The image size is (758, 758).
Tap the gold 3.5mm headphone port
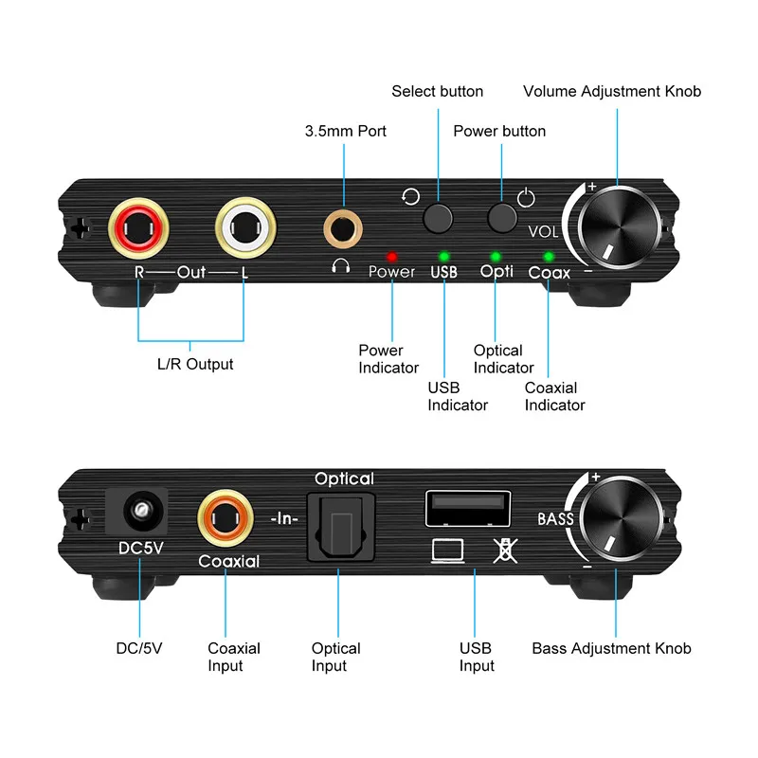pyautogui.click(x=341, y=226)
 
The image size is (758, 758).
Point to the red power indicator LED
pyautogui.click(x=390, y=256)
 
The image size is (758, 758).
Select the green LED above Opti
pyautogui.click(x=495, y=256)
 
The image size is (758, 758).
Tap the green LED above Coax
pyautogui.click(x=549, y=256)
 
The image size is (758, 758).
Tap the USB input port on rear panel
pyautogui.click(x=469, y=508)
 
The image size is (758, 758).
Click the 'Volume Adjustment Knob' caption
pyautogui.click(x=612, y=92)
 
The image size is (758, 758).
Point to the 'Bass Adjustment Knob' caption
pyautogui.click(x=611, y=649)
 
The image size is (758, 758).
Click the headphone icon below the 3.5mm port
pyautogui.click(x=341, y=266)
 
